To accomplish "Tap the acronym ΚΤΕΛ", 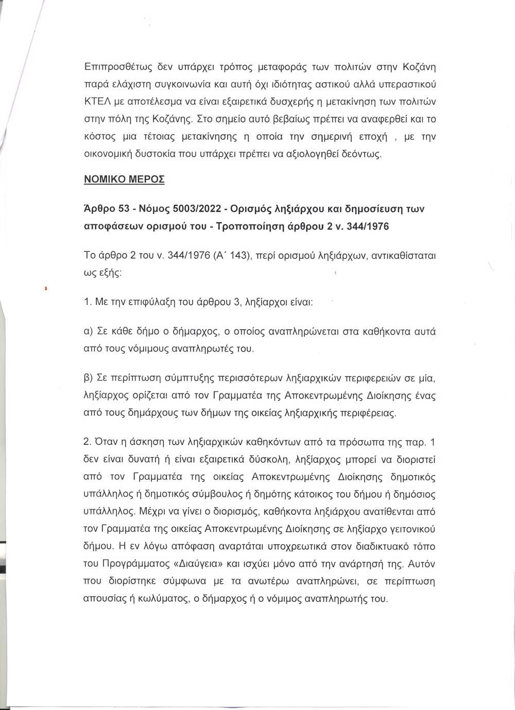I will coord(95,102).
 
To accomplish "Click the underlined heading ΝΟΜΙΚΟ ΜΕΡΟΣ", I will coord(124,180).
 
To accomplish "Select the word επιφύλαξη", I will coord(149,302).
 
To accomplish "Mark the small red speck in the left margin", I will coord(46,290).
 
